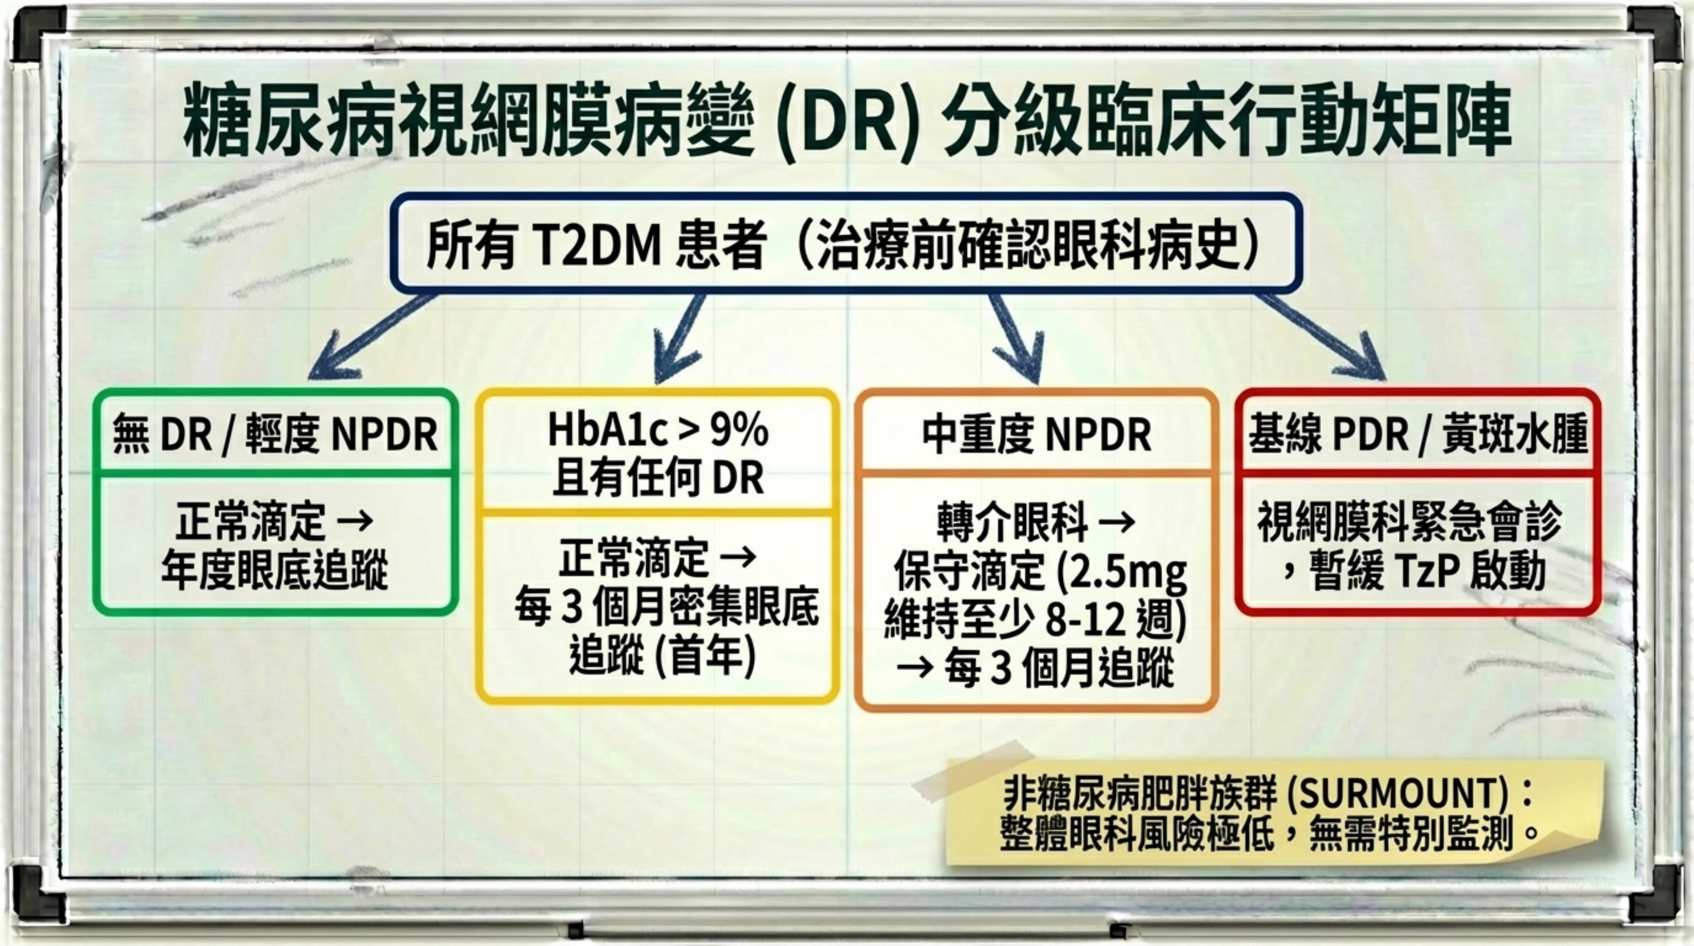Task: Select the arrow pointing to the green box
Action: click(x=372, y=337)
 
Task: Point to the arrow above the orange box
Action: click(x=1016, y=338)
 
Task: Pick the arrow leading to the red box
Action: click(x=1322, y=337)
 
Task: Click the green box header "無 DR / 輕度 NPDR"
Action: click(x=275, y=434)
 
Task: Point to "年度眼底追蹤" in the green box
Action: click(x=275, y=570)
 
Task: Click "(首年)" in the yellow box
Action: click(x=706, y=655)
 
